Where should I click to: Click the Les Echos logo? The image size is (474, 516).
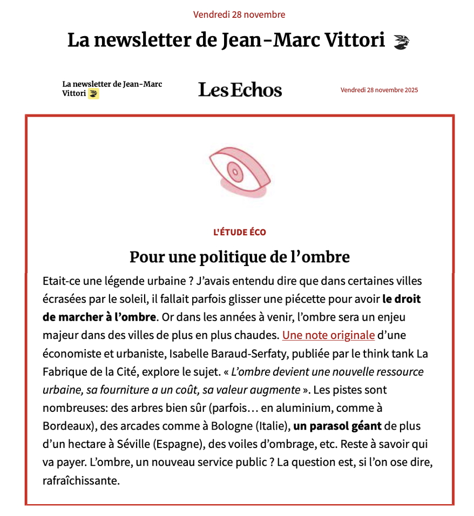pyautogui.click(x=240, y=90)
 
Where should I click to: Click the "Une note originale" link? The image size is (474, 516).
pyautogui.click(x=328, y=335)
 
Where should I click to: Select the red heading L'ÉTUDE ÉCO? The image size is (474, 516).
pyautogui.click(x=240, y=233)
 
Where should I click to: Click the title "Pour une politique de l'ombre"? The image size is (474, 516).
pyautogui.click(x=240, y=257)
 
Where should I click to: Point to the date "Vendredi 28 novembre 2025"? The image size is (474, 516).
pyautogui.click(x=379, y=90)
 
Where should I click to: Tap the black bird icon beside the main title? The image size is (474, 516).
pyautogui.click(x=401, y=42)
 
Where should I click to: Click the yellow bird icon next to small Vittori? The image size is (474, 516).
pyautogui.click(x=94, y=94)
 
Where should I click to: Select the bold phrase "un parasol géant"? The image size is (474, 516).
pyautogui.click(x=337, y=426)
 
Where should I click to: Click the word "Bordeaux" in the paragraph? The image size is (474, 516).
pyautogui.click(x=67, y=426)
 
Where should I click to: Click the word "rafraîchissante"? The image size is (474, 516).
pyautogui.click(x=81, y=480)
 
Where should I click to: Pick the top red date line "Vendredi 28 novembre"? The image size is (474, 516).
pyautogui.click(x=239, y=15)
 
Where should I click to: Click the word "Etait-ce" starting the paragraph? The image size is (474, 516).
pyautogui.click(x=61, y=281)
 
